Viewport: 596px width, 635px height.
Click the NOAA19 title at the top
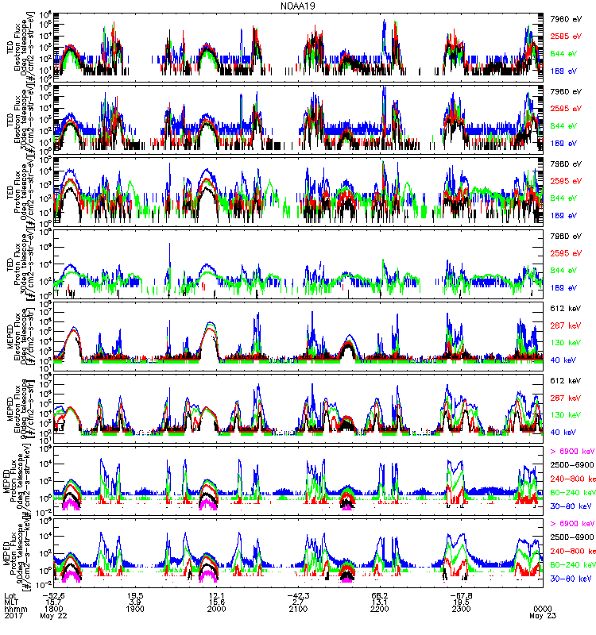click(297, 6)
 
